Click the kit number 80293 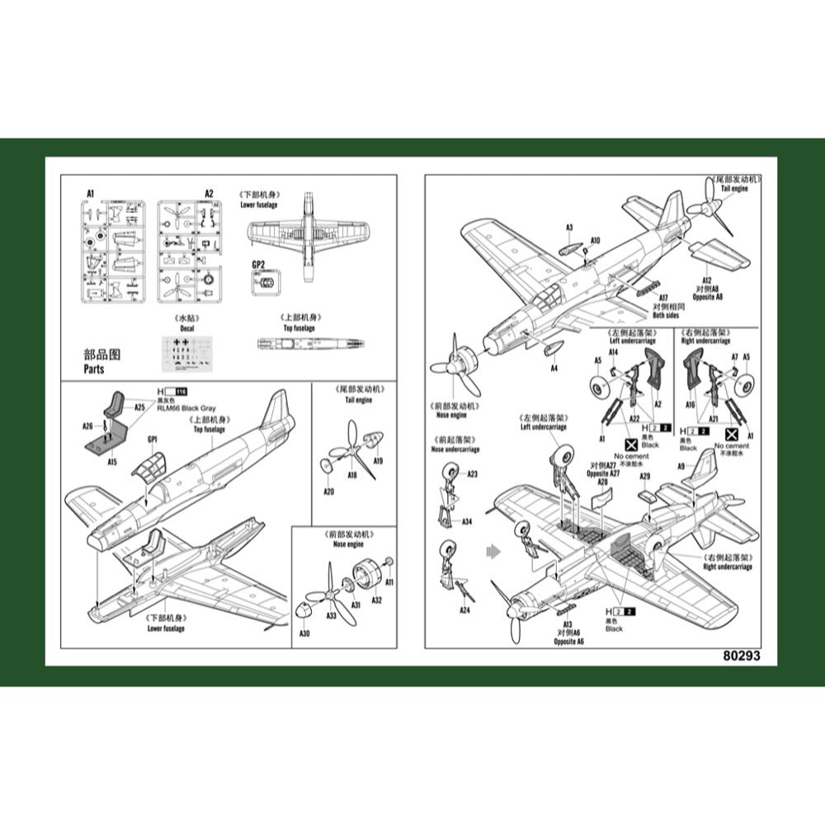click(739, 657)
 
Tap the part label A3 click(569, 227)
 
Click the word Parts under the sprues click(94, 370)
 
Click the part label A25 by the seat click(139, 407)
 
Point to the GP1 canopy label click(152, 440)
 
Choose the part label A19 click(379, 460)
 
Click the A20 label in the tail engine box click(328, 492)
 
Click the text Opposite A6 click(568, 641)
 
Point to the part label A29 click(645, 477)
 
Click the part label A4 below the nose click(554, 368)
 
